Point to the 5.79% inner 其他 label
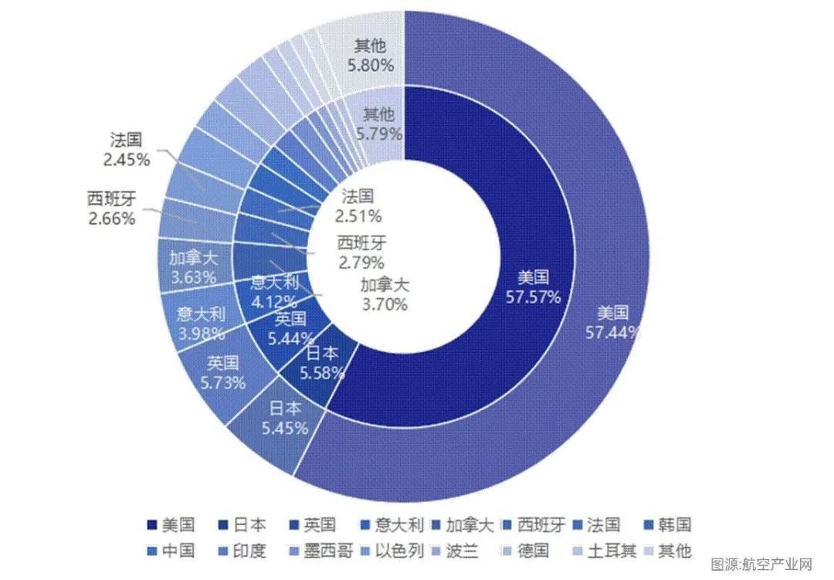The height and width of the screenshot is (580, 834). tap(378, 124)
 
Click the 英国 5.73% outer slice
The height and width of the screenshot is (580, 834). tap(222, 372)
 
